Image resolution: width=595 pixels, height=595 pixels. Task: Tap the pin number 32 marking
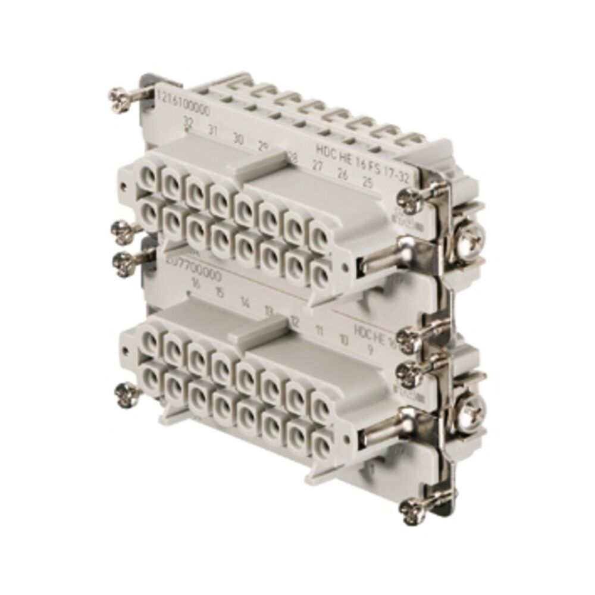point(189,124)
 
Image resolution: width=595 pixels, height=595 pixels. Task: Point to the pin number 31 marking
point(212,130)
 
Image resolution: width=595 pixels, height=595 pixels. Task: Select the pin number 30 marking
point(238,140)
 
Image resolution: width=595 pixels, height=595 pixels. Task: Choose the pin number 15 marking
point(219,292)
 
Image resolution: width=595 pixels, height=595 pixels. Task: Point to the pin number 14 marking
point(245,302)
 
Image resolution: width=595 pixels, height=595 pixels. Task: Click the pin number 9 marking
point(370,349)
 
